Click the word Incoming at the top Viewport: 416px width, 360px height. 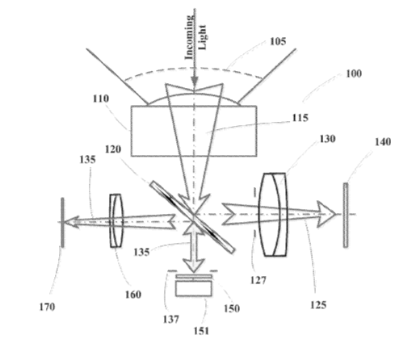pos(189,37)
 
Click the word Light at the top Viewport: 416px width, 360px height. pos(202,37)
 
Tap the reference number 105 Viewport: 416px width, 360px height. pos(278,41)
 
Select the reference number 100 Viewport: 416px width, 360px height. pos(354,73)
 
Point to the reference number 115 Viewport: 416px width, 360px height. pos(300,118)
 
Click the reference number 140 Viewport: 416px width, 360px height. pos(383,141)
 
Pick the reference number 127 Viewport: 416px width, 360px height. pos(258,280)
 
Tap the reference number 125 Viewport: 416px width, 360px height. pos(318,305)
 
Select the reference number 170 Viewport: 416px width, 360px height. pos(47,307)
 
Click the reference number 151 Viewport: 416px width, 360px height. pos(201,331)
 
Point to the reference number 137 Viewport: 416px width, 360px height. pos(171,320)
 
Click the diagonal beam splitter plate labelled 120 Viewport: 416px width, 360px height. pos(192,217)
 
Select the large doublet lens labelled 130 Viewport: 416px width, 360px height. pos(273,215)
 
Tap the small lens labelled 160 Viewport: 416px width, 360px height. pos(116,220)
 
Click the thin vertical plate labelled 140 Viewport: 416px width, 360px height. pos(345,215)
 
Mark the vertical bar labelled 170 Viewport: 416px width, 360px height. pos(62,223)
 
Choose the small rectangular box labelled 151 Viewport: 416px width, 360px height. pos(194,288)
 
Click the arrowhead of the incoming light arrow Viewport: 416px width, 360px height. pos(195,82)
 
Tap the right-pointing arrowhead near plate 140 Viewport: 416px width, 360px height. pos(326,214)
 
